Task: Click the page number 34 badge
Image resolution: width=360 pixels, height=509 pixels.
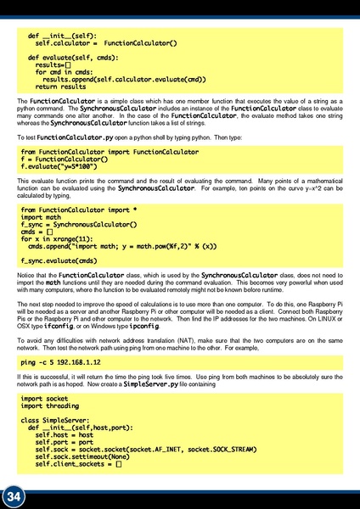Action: (14, 495)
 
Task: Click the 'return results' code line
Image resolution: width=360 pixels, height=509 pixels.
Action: (60, 87)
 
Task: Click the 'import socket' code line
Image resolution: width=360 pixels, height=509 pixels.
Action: (44, 397)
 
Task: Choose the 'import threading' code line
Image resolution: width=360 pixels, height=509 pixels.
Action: (51, 406)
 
